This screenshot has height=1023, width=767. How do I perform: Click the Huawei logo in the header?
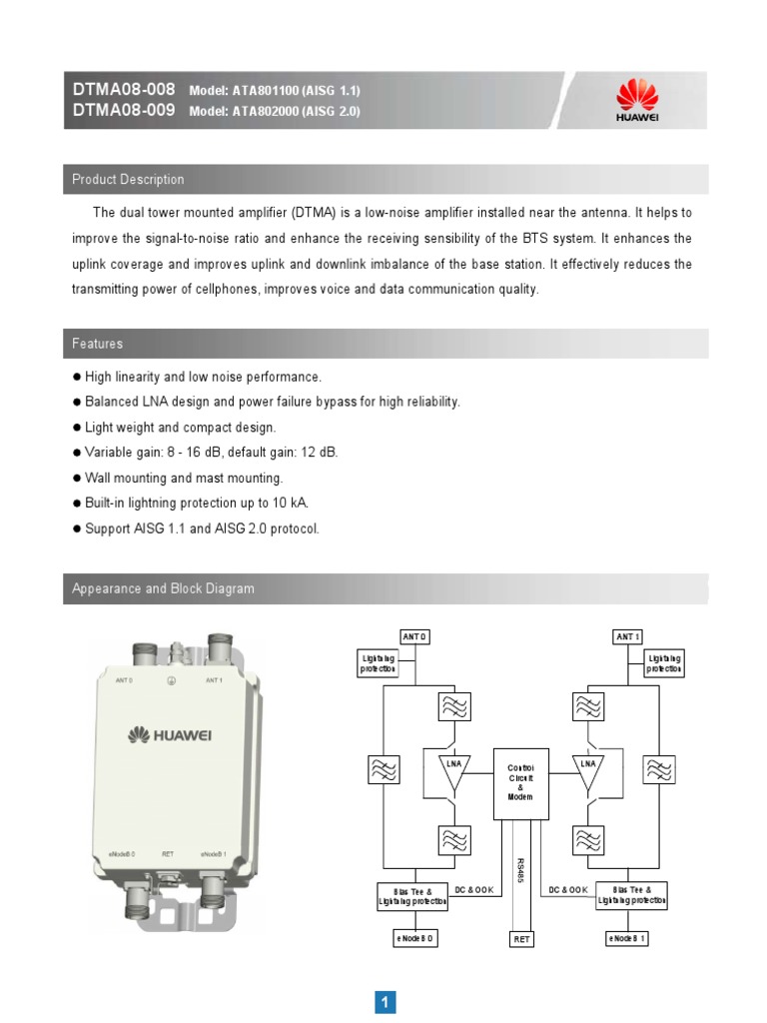(x=637, y=101)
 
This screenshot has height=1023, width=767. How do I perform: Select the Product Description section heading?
(x=128, y=180)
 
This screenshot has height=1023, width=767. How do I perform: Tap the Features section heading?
(x=98, y=344)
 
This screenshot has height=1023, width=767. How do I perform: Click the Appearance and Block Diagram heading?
(x=163, y=588)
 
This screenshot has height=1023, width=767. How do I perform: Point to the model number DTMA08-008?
(x=123, y=90)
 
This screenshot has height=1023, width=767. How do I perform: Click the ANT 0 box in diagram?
(x=413, y=636)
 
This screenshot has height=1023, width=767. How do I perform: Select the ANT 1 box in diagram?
(x=627, y=636)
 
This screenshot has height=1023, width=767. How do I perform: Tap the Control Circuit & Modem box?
(x=520, y=782)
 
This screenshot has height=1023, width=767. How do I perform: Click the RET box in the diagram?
(x=520, y=939)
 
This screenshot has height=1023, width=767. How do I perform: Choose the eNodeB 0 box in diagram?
(x=413, y=938)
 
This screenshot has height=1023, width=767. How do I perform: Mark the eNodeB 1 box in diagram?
(x=627, y=938)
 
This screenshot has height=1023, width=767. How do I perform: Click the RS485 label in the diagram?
(x=520, y=869)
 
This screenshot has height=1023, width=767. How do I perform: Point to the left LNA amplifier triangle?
(x=454, y=770)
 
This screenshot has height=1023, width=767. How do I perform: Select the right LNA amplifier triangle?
(x=588, y=770)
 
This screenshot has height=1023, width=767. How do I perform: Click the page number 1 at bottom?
(x=385, y=1002)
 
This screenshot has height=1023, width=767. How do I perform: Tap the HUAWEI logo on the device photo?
(x=171, y=735)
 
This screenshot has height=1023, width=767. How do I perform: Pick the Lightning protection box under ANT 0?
(x=379, y=663)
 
